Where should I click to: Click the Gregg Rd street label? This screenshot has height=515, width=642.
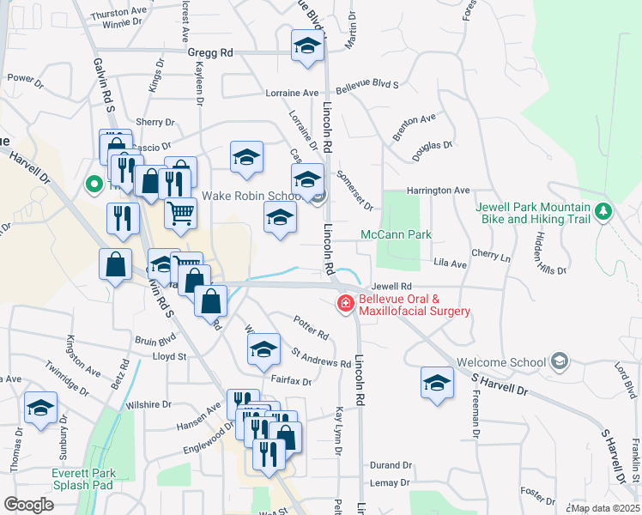pos(210,52)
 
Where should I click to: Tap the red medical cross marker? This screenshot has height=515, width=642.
pos(345,303)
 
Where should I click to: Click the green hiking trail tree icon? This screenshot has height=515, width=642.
pos(603,209)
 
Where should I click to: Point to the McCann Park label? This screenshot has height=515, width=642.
pos(395,234)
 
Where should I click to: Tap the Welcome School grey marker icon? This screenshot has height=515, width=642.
pos(560,362)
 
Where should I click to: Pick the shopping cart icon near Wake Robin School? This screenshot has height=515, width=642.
pos(179,211)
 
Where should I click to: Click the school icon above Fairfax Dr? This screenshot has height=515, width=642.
pos(263,348)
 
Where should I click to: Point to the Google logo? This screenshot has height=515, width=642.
pos(30,504)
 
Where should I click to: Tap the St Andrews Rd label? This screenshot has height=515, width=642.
pos(320,358)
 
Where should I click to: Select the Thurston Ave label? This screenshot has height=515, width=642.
pos(119,14)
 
